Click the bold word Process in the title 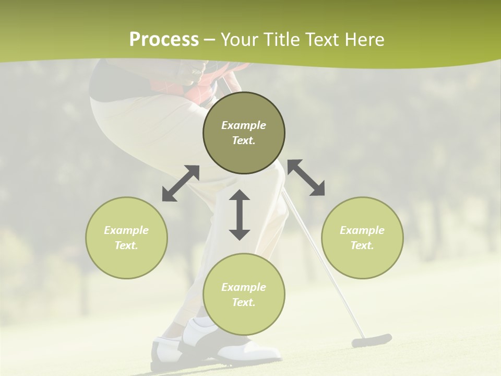[x=164, y=40]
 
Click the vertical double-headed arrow [x=240, y=215]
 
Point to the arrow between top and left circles [x=181, y=183]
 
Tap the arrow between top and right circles [x=306, y=178]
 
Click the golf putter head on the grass [x=371, y=340]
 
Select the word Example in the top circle [x=244, y=125]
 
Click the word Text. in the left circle [x=126, y=245]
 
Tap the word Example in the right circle [x=362, y=230]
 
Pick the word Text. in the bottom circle [x=244, y=302]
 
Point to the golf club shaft [x=324, y=261]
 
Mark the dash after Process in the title [x=210, y=40]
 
